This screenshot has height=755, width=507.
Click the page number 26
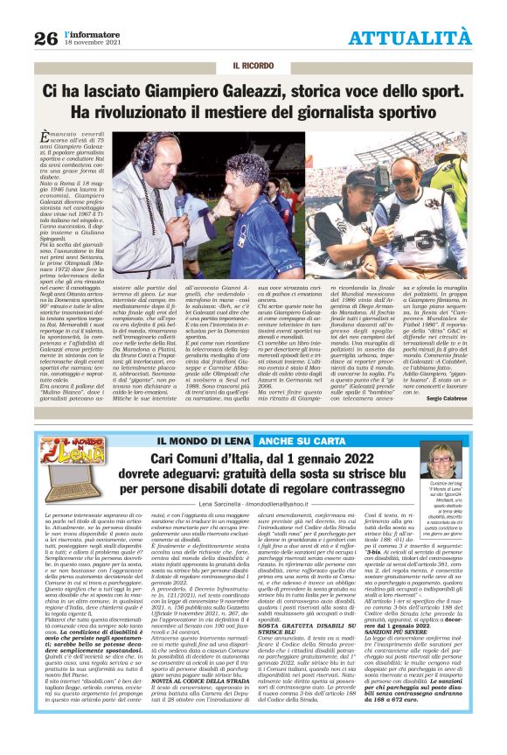pos(45,38)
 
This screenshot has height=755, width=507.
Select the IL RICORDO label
pos(253,66)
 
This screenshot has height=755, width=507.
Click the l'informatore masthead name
pos(98,31)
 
